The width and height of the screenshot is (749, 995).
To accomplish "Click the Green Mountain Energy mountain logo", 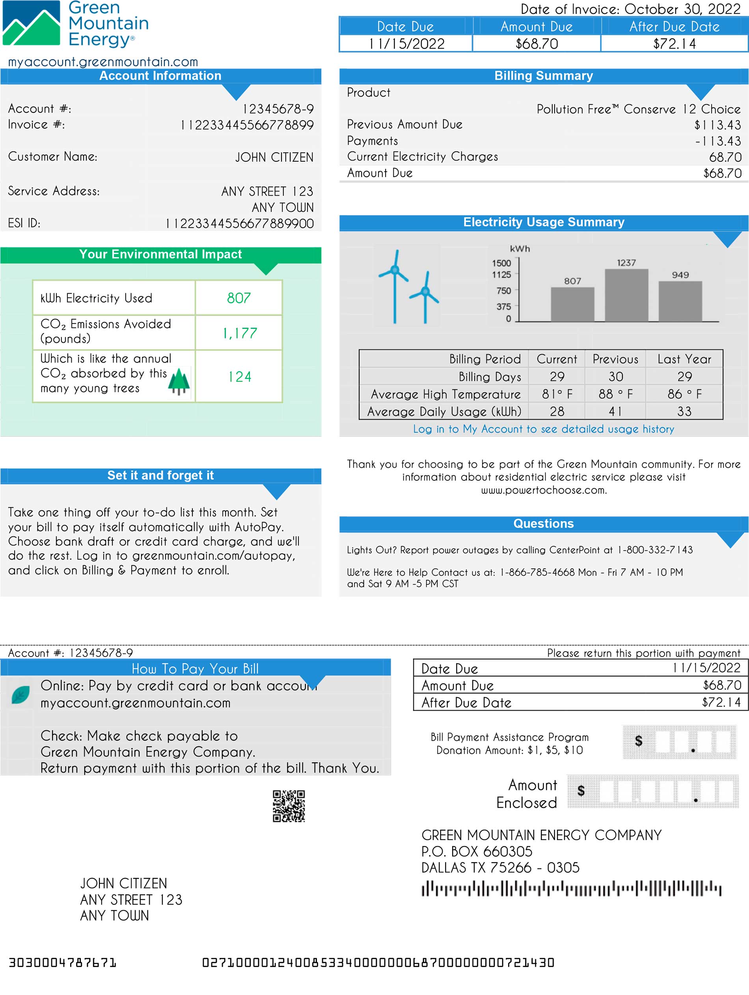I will (x=32, y=23).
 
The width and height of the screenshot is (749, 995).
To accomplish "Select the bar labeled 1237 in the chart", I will (x=626, y=295).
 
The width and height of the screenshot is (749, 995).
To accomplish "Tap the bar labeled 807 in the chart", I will (x=572, y=304).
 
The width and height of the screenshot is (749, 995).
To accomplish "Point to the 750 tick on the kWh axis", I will (x=504, y=291).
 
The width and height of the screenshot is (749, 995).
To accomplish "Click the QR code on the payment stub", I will (x=289, y=806).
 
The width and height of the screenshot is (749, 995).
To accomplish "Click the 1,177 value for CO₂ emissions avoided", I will (x=240, y=333).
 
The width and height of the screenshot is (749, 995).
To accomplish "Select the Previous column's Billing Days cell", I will (x=615, y=377).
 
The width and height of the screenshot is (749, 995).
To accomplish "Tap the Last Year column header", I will (x=684, y=359).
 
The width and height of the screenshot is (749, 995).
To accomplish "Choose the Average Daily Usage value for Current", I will (x=557, y=411).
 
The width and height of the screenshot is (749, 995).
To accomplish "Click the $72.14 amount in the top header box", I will (x=674, y=44).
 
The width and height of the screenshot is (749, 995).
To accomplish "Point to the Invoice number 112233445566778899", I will (x=247, y=125).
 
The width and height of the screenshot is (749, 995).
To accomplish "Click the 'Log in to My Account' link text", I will (x=543, y=429).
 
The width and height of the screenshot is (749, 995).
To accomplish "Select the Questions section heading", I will (x=543, y=524).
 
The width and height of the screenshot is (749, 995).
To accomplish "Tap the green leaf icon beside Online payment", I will (x=20, y=695).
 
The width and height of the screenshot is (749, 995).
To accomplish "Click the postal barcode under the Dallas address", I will (x=571, y=889).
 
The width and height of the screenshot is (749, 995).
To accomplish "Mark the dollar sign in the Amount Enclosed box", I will (x=581, y=791).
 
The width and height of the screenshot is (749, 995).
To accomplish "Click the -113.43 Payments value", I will (x=718, y=141).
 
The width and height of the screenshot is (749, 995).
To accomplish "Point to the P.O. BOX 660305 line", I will (x=477, y=851).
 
